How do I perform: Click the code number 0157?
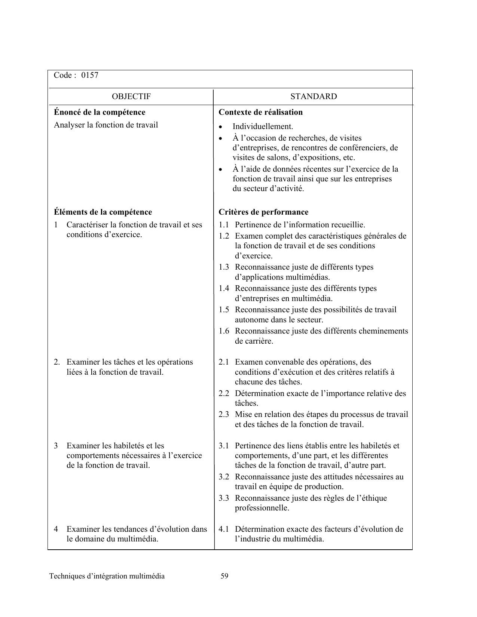[x=90, y=75]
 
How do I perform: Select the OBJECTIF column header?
[x=131, y=96]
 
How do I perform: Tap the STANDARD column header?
[x=314, y=96]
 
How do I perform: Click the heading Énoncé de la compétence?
[x=100, y=112]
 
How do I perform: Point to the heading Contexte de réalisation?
[x=260, y=112]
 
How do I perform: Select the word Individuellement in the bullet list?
[x=262, y=126]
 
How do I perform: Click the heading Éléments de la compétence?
[x=103, y=212]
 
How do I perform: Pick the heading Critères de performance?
[x=263, y=212]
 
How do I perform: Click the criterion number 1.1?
[x=224, y=225]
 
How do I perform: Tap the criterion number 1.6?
[x=224, y=331]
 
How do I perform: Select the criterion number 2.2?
[x=224, y=393]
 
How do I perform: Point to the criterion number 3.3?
[x=224, y=498]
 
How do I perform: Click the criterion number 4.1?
[x=224, y=529]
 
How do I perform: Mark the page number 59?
[x=224, y=576]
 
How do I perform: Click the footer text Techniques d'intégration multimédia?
[x=107, y=576]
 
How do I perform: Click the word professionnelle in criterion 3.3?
[x=262, y=508]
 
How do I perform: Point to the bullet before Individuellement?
[x=221, y=127]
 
